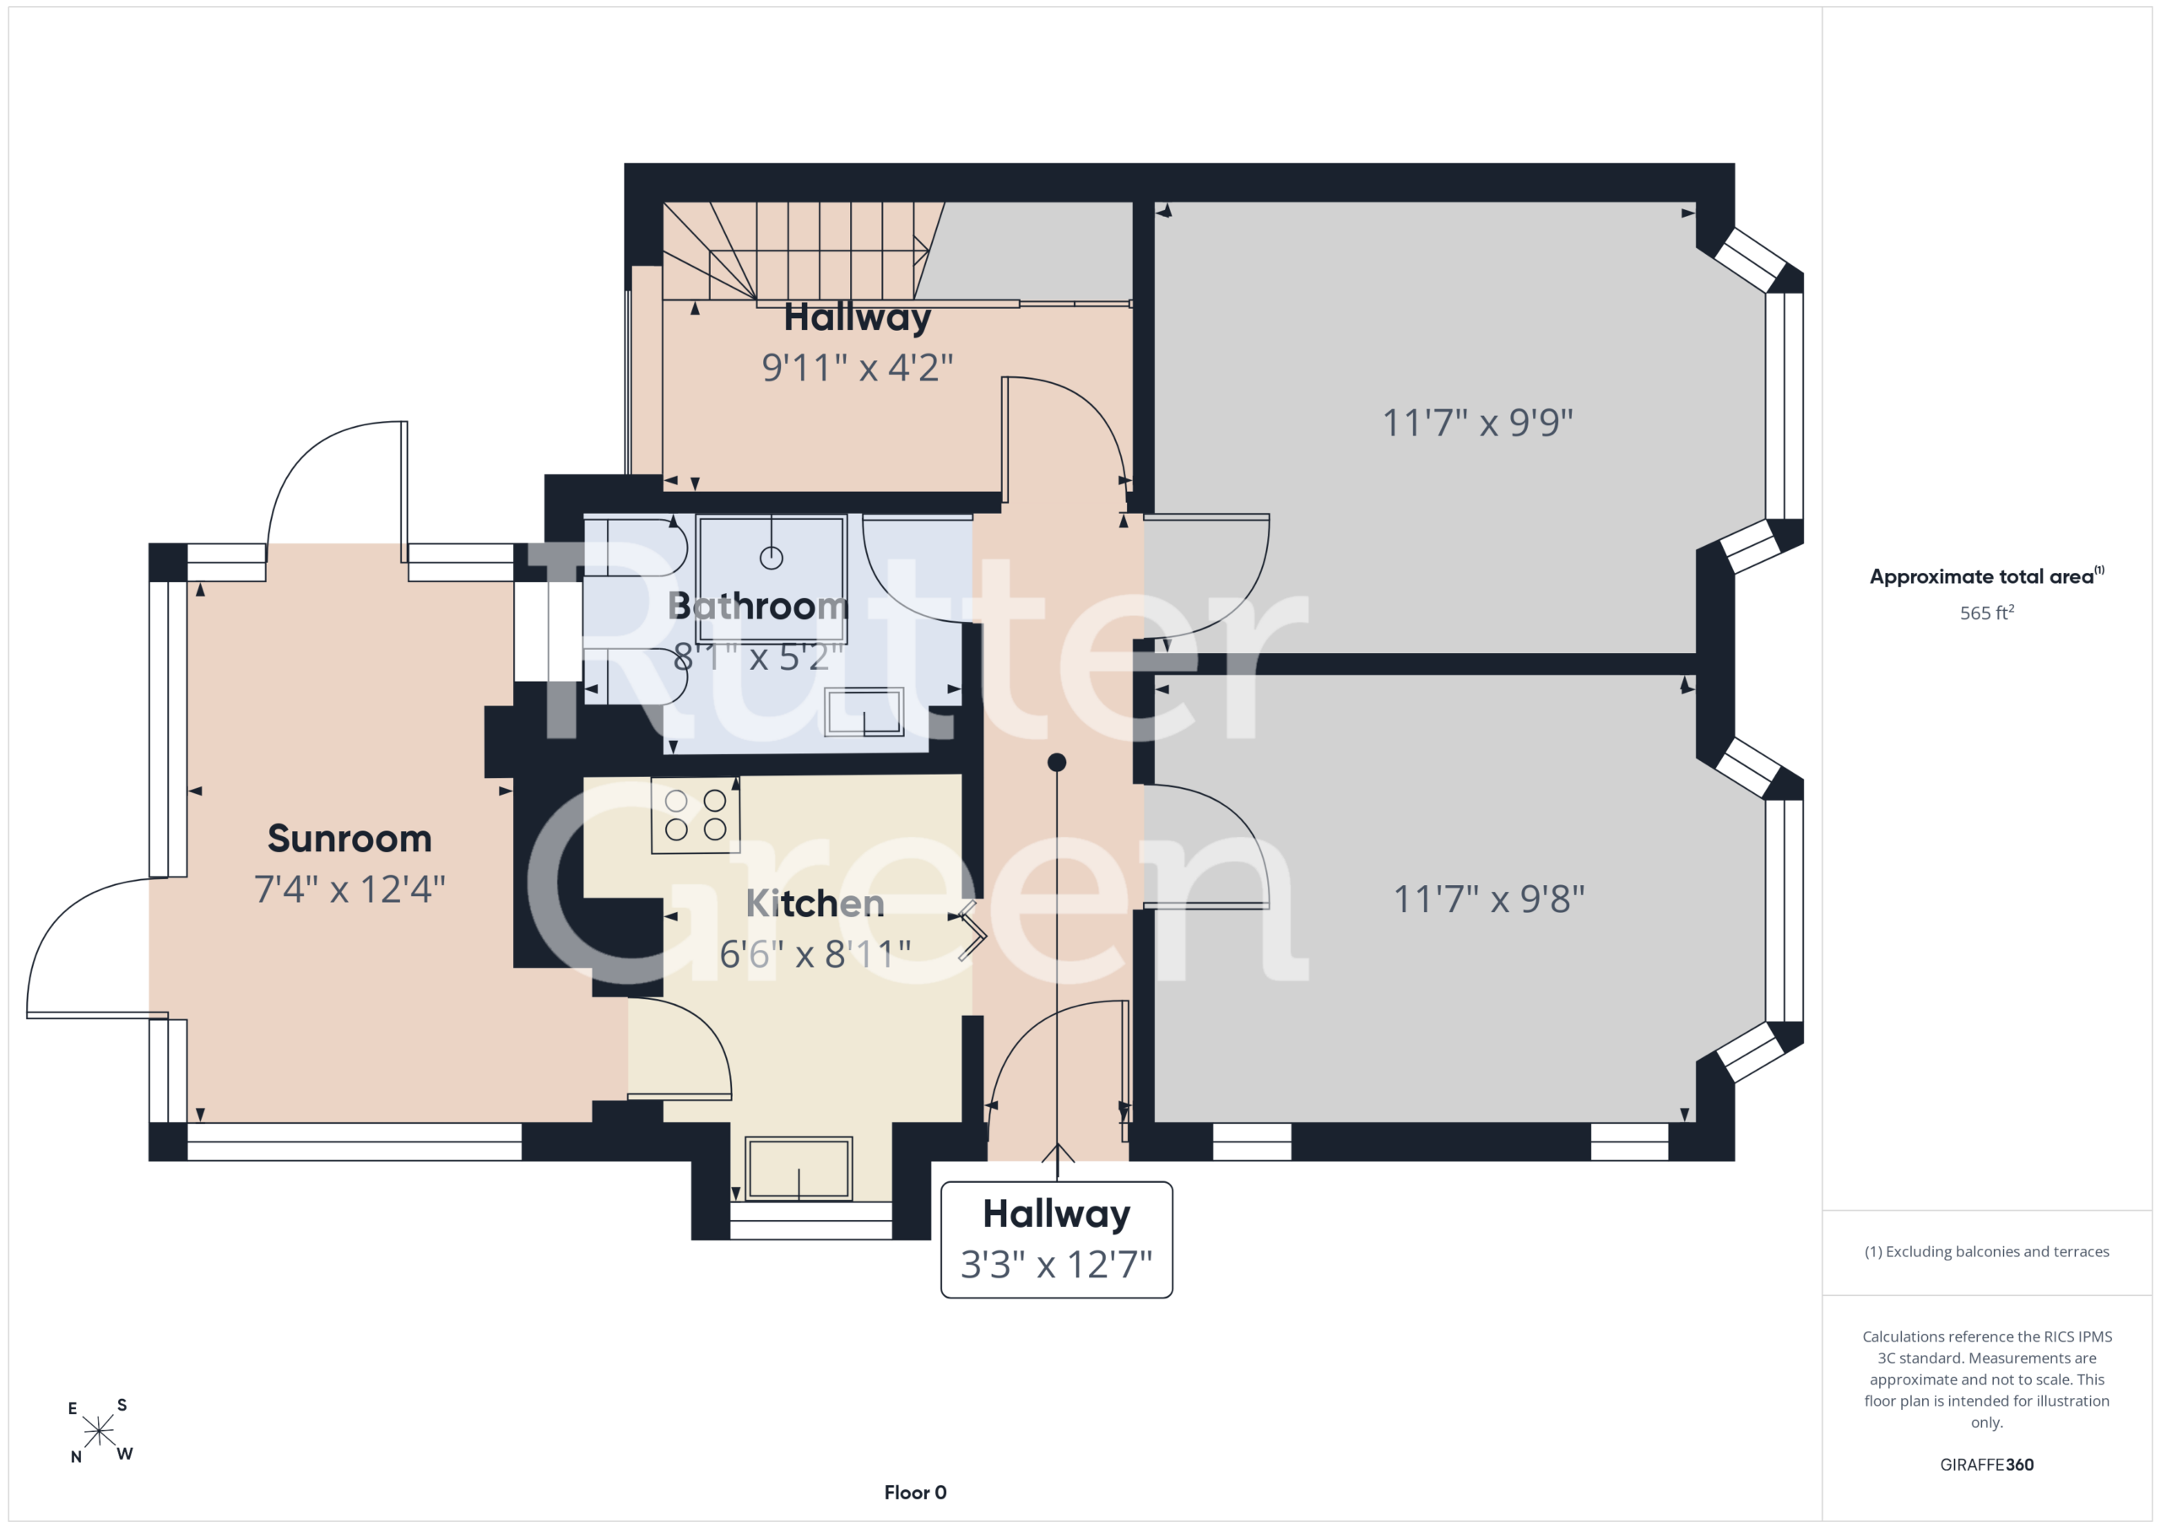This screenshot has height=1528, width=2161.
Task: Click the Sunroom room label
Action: pos(349,839)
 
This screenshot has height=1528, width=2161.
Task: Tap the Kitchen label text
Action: pos(815,904)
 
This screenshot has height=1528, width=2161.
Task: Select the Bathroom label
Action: pos(758,606)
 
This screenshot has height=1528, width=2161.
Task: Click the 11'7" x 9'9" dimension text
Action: pos(1478,423)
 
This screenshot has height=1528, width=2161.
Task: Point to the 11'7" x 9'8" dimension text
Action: pos(1489,899)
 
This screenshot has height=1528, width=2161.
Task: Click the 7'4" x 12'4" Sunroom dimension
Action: pos(349,889)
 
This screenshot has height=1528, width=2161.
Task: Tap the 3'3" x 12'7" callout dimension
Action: pos(1056,1265)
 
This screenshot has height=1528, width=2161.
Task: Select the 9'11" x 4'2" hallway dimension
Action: pos(858,367)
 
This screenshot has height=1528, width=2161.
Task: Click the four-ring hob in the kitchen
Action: pos(696,815)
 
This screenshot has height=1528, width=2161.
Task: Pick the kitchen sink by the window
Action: pos(799,1169)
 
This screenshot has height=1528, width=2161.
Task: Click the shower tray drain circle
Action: pos(771,558)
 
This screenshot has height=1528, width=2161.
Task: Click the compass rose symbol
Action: pos(99,1431)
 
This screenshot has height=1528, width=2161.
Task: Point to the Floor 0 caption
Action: pos(915,1493)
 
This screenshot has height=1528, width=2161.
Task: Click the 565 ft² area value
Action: pos(1987,613)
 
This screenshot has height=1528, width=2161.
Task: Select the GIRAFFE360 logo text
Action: pos(1987,1465)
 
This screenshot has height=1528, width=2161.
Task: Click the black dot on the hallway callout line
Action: pos(1057,762)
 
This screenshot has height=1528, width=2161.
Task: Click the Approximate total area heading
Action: pos(1986,575)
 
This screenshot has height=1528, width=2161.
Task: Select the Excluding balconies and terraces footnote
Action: pos(1987,1251)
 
